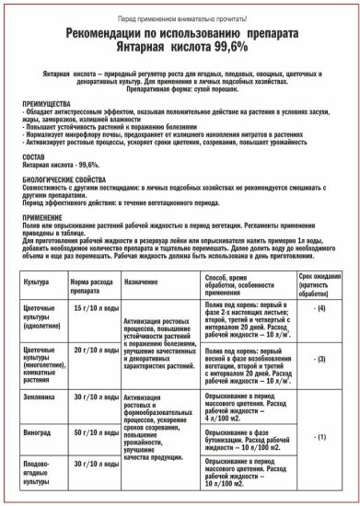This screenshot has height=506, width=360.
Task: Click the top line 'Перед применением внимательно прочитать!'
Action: pos(179,17)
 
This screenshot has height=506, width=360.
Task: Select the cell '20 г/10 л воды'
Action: pos(93,351)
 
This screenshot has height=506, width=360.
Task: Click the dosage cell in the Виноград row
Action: pos(93,430)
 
